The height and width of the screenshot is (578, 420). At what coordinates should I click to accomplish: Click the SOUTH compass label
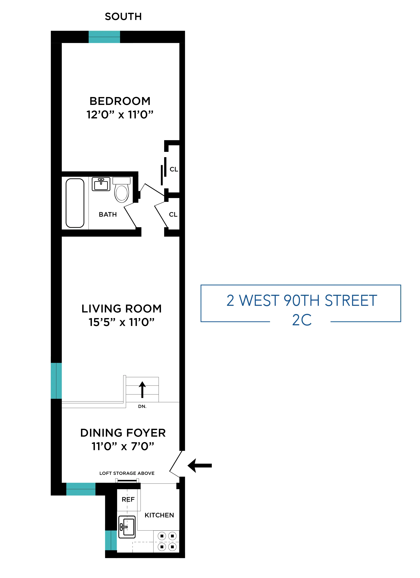click(x=123, y=17)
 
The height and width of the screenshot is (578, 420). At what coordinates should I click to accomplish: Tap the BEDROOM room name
click(x=120, y=101)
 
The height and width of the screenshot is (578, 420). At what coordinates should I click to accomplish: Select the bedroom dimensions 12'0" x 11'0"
click(x=120, y=115)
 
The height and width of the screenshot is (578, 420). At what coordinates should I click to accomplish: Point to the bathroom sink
click(x=101, y=184)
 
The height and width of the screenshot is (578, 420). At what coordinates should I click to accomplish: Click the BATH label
click(x=108, y=214)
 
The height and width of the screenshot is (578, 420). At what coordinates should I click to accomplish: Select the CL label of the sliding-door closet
click(x=174, y=169)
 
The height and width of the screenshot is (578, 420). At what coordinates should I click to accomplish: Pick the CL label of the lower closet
click(x=173, y=214)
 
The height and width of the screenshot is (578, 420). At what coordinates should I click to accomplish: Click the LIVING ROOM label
click(x=121, y=309)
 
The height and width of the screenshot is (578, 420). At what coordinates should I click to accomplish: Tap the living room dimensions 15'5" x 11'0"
click(x=121, y=322)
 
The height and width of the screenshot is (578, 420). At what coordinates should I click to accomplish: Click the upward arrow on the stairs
click(x=142, y=389)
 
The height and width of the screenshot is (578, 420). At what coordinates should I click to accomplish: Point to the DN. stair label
click(x=142, y=407)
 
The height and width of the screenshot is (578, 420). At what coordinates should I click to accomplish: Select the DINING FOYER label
click(x=123, y=433)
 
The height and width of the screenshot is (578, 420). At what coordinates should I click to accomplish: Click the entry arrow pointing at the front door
click(x=200, y=465)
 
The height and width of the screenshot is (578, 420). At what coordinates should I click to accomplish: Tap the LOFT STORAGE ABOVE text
click(x=127, y=473)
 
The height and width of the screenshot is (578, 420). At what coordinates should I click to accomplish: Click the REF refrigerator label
click(x=128, y=500)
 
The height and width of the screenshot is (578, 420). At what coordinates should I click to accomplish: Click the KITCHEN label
click(x=159, y=515)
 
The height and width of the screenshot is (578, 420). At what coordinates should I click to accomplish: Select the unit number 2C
click(x=302, y=320)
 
